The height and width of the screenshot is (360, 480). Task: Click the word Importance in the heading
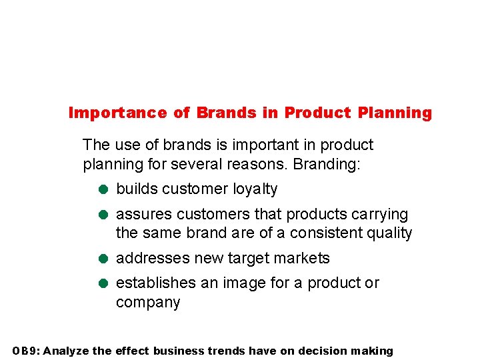coord(117,113)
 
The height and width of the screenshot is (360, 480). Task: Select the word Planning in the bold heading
coord(394,113)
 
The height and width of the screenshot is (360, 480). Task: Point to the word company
coord(148,303)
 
